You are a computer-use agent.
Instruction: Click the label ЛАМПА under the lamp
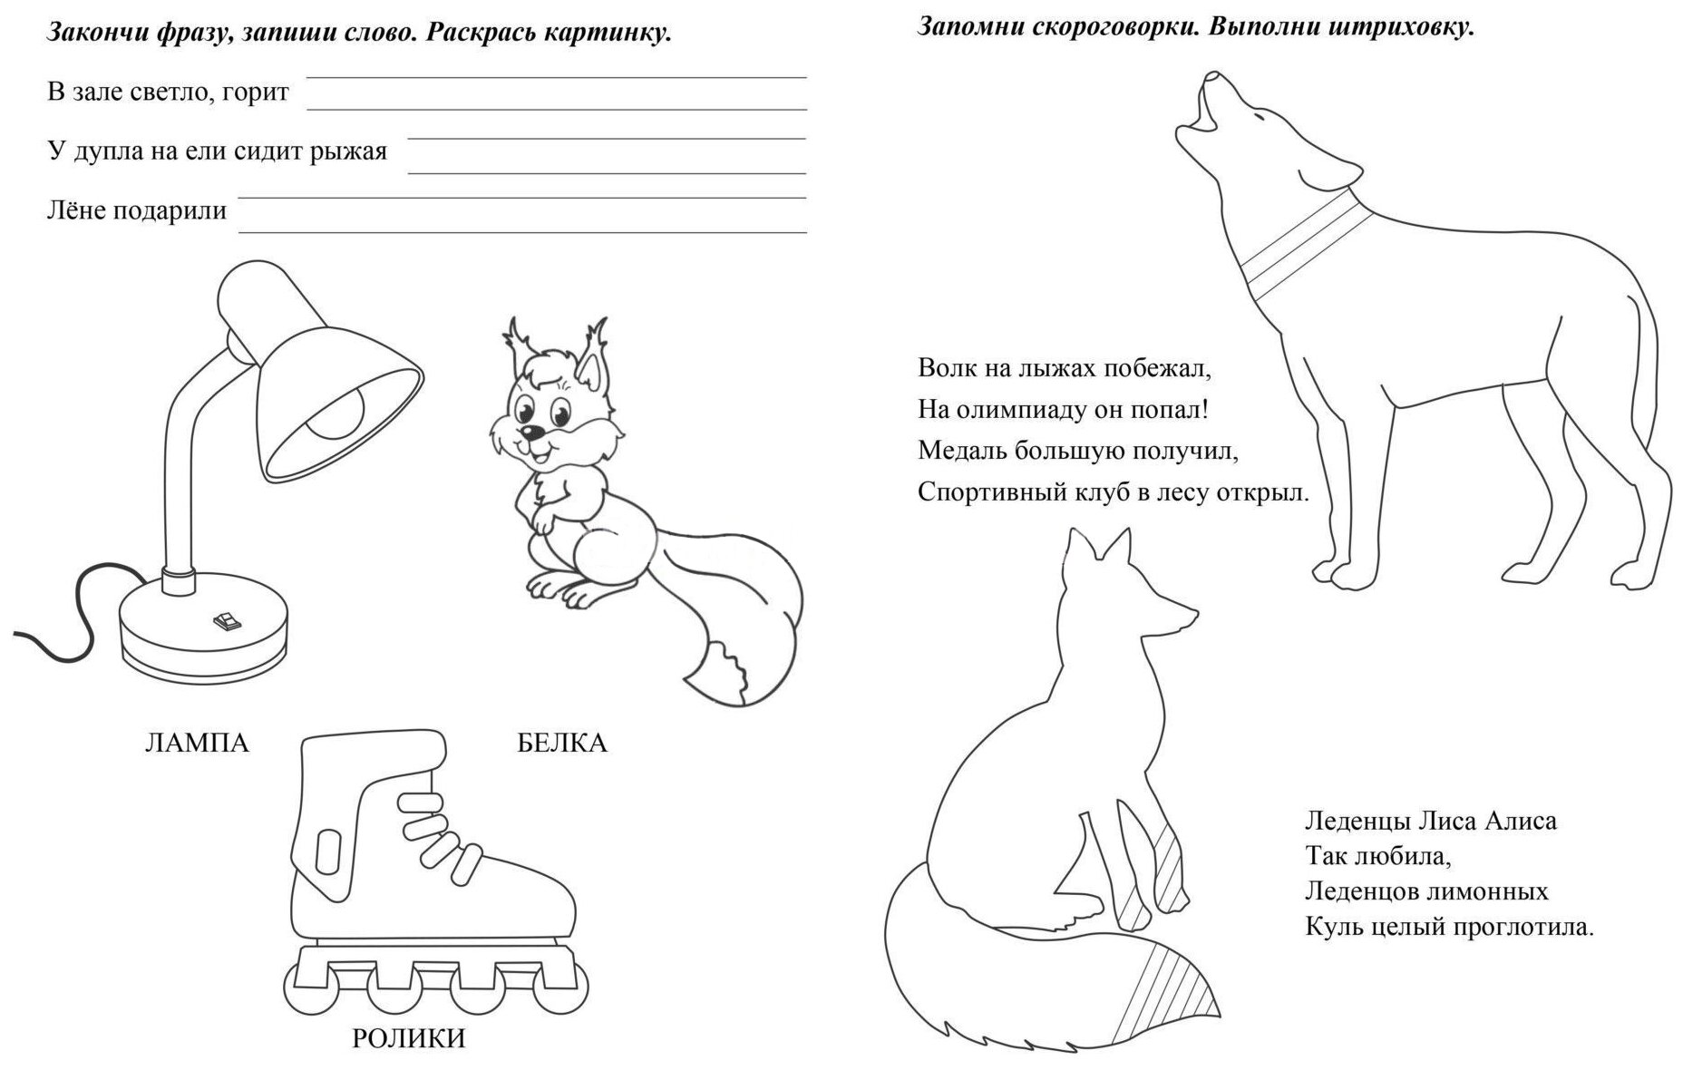(x=197, y=744)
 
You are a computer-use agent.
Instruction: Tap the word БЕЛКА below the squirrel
(x=561, y=744)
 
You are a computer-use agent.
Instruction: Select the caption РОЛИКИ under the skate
(x=408, y=1038)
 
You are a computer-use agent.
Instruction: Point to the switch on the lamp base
(x=224, y=620)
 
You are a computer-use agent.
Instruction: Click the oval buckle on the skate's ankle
(x=325, y=853)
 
